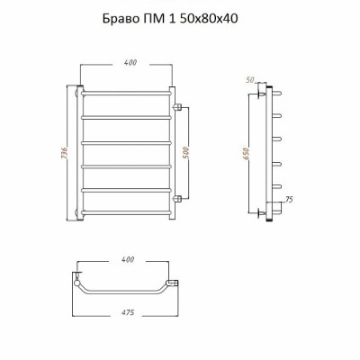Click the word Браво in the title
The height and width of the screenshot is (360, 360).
coord(121,19)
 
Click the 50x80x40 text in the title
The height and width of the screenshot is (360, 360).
coord(209,19)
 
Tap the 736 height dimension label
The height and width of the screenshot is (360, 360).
coord(64,153)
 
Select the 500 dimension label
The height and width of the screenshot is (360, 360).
coord(185,153)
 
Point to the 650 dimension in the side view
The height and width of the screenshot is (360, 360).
coord(246,154)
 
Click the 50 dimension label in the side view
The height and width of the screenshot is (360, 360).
coord(250,80)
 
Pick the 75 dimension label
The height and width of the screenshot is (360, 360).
coord(289,199)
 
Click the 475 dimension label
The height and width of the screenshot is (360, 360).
coord(128,312)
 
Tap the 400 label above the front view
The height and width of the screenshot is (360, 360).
coord(130,62)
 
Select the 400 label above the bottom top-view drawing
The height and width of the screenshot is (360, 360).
coord(128,259)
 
